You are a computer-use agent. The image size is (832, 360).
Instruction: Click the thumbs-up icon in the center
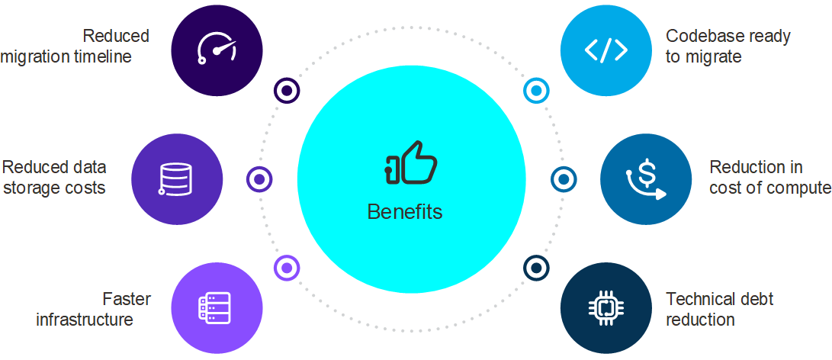coord(411,162)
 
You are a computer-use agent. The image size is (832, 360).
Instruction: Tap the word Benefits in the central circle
coord(405,211)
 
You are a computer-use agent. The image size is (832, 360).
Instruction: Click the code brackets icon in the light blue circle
coord(606,50)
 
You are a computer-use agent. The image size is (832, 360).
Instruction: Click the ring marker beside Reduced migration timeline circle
coord(287,91)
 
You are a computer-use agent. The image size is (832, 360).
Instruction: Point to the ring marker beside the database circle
coord(259,179)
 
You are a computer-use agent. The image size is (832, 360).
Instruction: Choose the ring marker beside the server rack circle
coord(287,268)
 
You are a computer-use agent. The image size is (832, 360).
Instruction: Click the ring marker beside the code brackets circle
coord(536,91)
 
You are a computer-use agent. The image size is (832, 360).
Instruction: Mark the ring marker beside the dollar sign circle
coord(564,179)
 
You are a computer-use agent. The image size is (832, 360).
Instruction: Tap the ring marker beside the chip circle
coord(536,268)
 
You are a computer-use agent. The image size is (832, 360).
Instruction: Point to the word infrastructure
coord(85,319)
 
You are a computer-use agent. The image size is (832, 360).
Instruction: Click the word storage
coord(32,187)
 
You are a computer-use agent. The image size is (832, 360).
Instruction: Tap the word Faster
coord(127,298)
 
